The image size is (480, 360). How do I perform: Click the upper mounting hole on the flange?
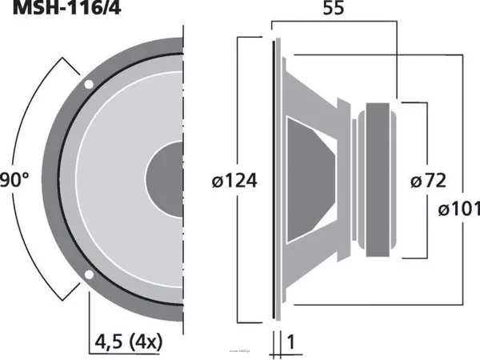point(88,83)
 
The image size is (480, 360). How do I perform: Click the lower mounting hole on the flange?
point(88,277)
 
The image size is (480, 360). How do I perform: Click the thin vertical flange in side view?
point(276,180)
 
